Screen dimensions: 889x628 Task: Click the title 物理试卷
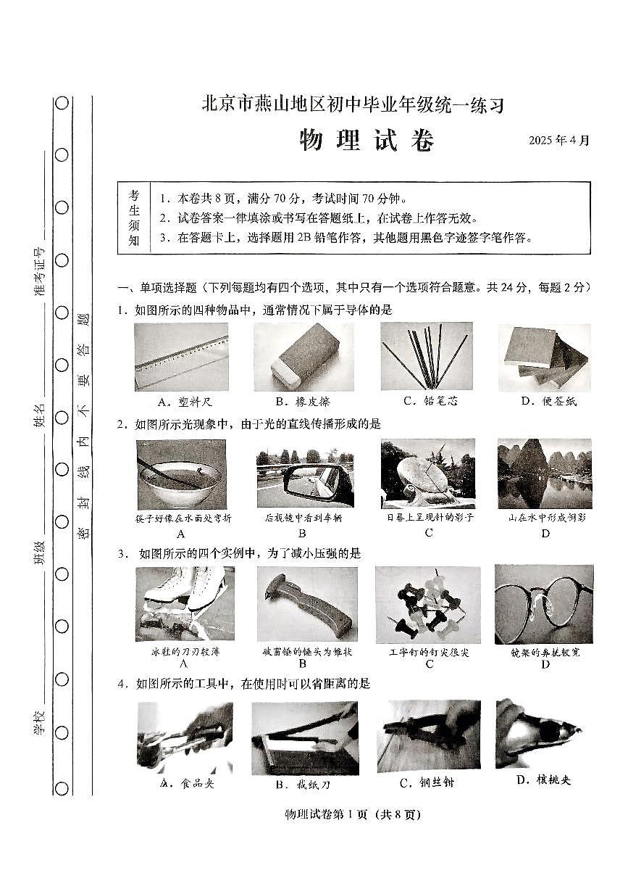pyautogui.click(x=367, y=141)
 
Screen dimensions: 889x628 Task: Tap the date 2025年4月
pyautogui.click(x=559, y=141)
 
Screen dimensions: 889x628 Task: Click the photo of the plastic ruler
pyautogui.click(x=181, y=356)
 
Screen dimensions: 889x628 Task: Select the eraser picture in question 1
pyautogui.click(x=303, y=356)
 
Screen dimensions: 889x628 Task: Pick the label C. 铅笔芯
pyautogui.click(x=431, y=401)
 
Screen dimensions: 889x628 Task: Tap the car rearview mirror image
pyautogui.click(x=304, y=476)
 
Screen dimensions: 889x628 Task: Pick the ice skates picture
pyautogui.click(x=184, y=603)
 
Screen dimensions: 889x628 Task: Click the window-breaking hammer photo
pyautogui.click(x=303, y=603)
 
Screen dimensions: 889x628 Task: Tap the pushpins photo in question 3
pyautogui.click(x=427, y=603)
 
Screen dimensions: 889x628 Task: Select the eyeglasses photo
pyautogui.click(x=543, y=603)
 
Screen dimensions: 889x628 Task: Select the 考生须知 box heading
pyautogui.click(x=134, y=218)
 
